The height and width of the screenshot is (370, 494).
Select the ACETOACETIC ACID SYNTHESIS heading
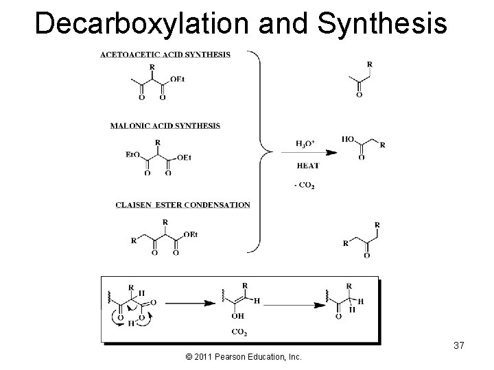pyautogui.click(x=165, y=55)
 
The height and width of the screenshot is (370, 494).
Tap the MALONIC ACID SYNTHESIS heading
pyautogui.click(x=165, y=125)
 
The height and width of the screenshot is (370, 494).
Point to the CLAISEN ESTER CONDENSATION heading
pyautogui.click(x=183, y=205)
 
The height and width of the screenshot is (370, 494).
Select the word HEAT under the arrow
pyautogui.click(x=307, y=165)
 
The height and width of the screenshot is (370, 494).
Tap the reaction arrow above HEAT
pyautogui.click(x=307, y=152)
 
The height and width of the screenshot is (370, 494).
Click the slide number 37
pyautogui.click(x=459, y=345)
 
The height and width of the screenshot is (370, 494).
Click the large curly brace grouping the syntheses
pyautogui.click(x=259, y=151)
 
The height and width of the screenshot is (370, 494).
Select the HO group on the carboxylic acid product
pyautogui.click(x=349, y=139)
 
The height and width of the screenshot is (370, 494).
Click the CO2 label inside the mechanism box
pyautogui.click(x=239, y=333)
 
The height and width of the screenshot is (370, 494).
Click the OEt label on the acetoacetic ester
pyautogui.click(x=177, y=79)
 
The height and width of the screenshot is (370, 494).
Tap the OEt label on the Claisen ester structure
pyautogui.click(x=190, y=234)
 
